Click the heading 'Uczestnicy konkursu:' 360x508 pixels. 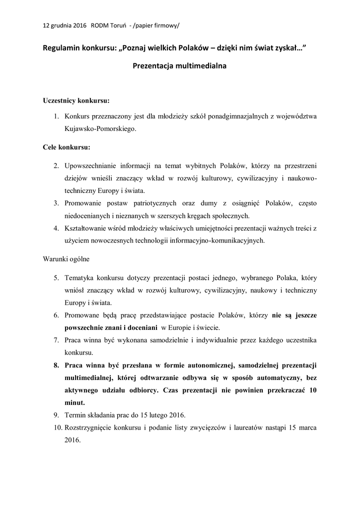click(76, 100)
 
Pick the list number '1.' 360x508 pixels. click(57, 117)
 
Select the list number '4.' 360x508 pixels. click(57, 228)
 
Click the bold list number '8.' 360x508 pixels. click(57, 366)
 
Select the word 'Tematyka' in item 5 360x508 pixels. click(80, 277)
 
